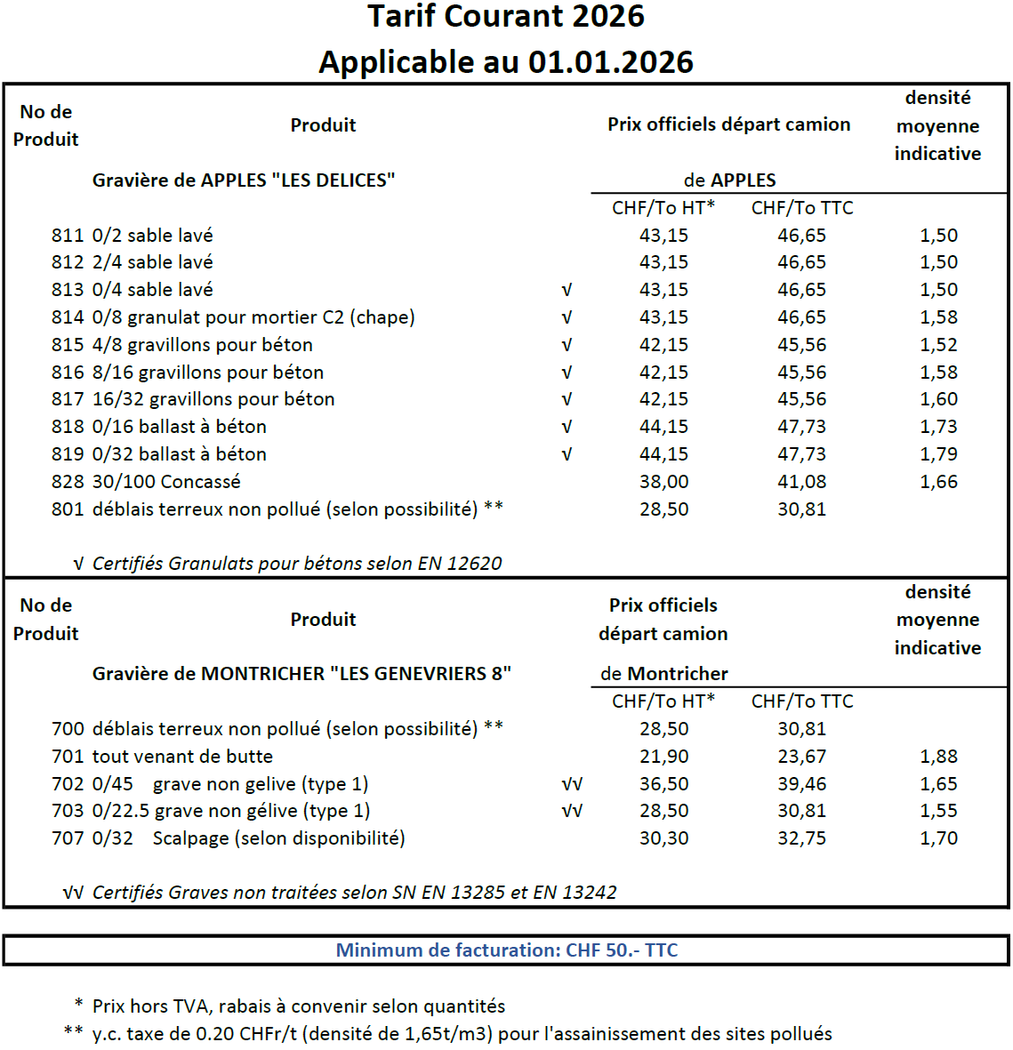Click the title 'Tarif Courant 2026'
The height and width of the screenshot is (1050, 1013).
(x=506, y=17)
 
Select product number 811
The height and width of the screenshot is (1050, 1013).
(x=68, y=236)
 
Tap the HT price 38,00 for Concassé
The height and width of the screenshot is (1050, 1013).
(x=663, y=482)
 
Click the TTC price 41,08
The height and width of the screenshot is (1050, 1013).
(x=801, y=482)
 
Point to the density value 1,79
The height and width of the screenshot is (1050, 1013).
(x=938, y=454)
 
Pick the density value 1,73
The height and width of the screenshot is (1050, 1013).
(x=938, y=427)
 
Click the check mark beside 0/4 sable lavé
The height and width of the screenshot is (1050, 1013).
(x=567, y=290)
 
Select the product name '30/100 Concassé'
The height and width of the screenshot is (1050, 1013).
(x=166, y=482)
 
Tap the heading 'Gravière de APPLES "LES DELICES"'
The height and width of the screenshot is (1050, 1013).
(x=244, y=180)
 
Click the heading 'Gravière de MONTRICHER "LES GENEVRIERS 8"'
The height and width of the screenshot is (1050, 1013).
(x=301, y=674)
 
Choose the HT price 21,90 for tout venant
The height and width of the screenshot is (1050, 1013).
(x=663, y=757)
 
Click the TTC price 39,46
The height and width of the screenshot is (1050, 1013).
(x=801, y=784)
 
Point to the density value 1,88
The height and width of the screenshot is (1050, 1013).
(x=938, y=757)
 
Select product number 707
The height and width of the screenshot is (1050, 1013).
(x=68, y=838)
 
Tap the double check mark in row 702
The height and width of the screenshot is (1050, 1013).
(x=572, y=784)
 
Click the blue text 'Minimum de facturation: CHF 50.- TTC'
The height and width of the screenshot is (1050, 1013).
(x=506, y=950)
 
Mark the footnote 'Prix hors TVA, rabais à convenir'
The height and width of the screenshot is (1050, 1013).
(x=298, y=1006)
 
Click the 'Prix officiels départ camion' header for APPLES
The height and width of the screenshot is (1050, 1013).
(x=728, y=124)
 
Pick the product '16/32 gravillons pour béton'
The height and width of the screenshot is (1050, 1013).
(x=213, y=399)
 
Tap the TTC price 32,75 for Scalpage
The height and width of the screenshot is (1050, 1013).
(x=801, y=838)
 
